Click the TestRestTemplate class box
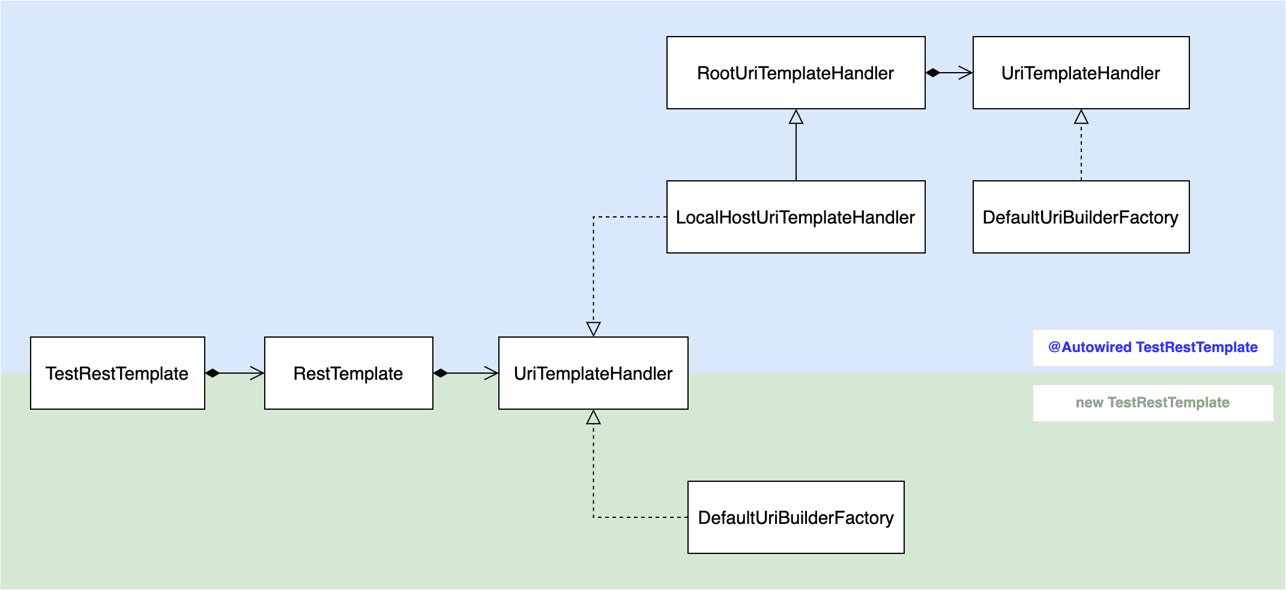point(117,373)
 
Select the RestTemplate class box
point(348,373)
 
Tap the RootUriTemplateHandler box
point(795,73)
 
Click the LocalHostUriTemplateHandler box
point(795,217)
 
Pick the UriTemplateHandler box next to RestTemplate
point(593,373)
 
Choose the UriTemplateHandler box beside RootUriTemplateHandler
point(1081,73)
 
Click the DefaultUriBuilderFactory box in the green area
point(795,517)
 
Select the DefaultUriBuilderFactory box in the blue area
point(1081,217)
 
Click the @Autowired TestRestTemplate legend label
point(1153,347)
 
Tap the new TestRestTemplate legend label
point(1153,403)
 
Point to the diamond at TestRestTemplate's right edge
point(213,373)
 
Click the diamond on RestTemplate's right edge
point(441,373)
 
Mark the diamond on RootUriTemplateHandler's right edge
point(933,73)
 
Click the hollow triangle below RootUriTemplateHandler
point(796,117)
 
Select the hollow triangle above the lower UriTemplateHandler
point(593,329)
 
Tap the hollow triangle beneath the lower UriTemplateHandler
point(593,418)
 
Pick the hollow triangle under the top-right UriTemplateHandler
point(1081,117)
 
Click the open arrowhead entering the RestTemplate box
point(258,373)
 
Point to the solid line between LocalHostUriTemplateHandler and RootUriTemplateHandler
point(796,153)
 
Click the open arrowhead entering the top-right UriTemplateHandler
point(966,73)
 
